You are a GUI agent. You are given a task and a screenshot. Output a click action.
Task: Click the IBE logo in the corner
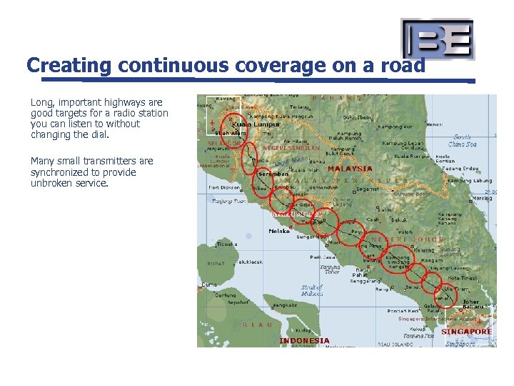pyautogui.click(x=438, y=39)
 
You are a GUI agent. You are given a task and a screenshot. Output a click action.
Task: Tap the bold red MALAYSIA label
pyautogui.click(x=350, y=169)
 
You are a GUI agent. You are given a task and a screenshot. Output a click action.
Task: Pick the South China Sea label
pyautogui.click(x=463, y=140)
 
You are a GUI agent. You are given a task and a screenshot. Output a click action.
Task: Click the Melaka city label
pyautogui.click(x=278, y=231)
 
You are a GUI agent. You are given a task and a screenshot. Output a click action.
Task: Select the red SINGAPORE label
pyautogui.click(x=466, y=332)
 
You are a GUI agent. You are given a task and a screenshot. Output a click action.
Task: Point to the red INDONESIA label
pyautogui.click(x=304, y=341)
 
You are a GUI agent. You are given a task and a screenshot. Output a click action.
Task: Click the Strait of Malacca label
pyautogui.click(x=312, y=290)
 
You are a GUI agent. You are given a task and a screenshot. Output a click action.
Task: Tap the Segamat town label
pyautogui.click(x=368, y=189)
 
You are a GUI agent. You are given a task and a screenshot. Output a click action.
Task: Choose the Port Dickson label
pyautogui.click(x=223, y=188)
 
